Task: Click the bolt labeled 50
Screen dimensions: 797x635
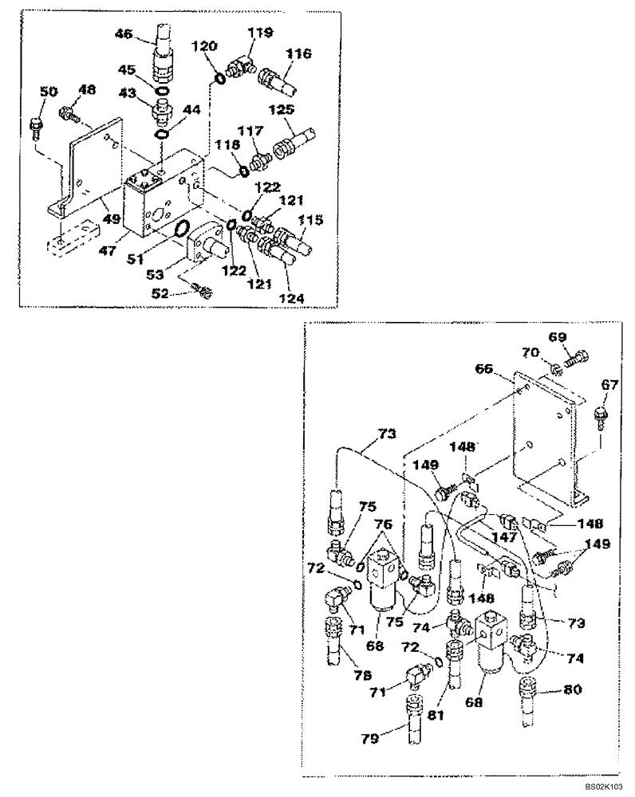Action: click(34, 126)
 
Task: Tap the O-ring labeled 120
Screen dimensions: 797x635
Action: click(219, 78)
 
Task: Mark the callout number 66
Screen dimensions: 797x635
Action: click(483, 370)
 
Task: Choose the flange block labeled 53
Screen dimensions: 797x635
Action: click(206, 246)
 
